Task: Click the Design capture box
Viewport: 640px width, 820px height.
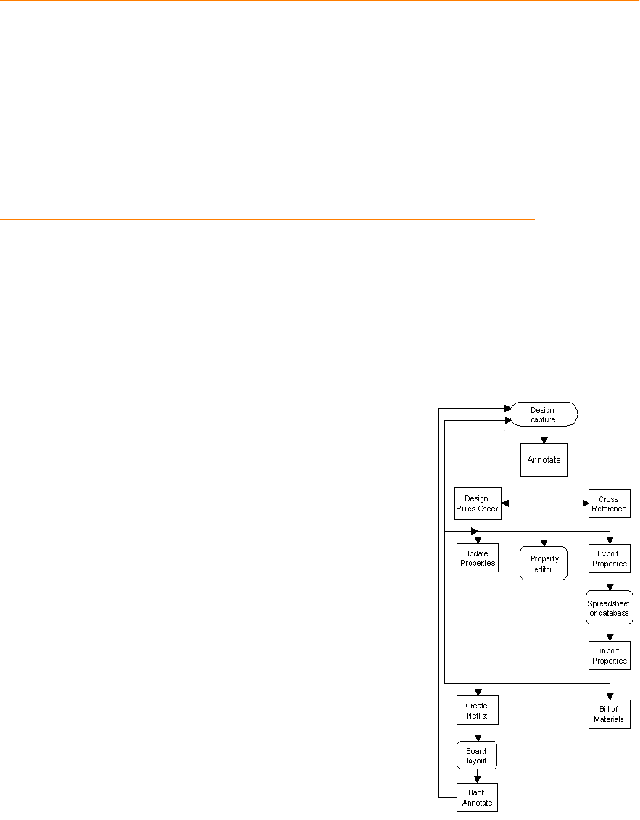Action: (544, 414)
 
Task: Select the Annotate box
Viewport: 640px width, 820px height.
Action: (544, 459)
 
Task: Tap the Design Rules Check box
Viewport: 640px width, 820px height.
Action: (477, 503)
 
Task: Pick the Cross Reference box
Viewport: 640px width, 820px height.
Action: (609, 503)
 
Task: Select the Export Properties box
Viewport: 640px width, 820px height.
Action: (609, 558)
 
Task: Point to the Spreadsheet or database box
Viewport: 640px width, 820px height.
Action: (609, 608)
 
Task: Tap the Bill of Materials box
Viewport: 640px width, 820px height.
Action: (609, 714)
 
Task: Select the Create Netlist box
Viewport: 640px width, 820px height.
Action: (477, 711)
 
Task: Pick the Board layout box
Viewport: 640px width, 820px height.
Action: (477, 756)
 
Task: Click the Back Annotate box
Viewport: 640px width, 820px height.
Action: (477, 798)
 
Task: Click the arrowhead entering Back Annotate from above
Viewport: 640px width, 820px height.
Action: (477, 779)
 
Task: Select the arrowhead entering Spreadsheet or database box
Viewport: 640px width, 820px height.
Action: (609, 587)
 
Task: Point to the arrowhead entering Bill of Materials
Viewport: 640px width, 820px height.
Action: (609, 696)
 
